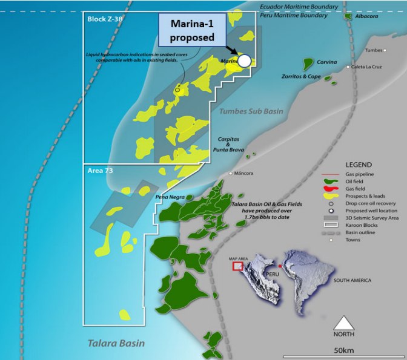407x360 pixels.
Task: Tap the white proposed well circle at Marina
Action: [x=244, y=61]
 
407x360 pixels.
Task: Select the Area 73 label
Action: [x=100, y=171]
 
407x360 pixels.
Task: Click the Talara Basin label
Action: [x=116, y=343]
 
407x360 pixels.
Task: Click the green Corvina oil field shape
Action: [x=308, y=62]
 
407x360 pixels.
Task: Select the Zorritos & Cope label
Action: [x=301, y=77]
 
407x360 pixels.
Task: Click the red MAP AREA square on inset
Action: [x=237, y=266]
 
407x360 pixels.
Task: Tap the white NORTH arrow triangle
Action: [x=343, y=322]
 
